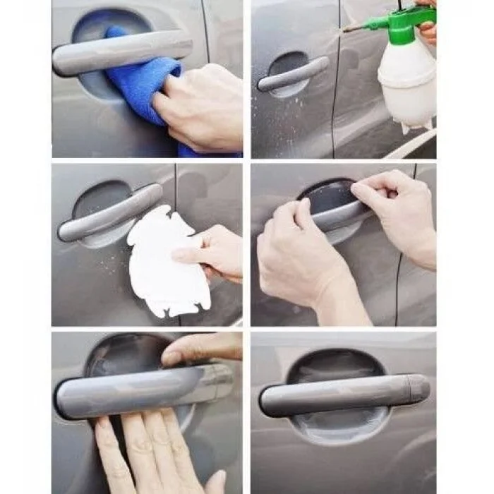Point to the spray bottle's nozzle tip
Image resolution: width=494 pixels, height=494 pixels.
pos(345,29)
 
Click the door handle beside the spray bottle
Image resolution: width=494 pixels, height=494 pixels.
pos(293,74)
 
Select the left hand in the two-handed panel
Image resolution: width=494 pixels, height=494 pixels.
pos(296,254)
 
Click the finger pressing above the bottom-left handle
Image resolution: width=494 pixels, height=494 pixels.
pos(201,348)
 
